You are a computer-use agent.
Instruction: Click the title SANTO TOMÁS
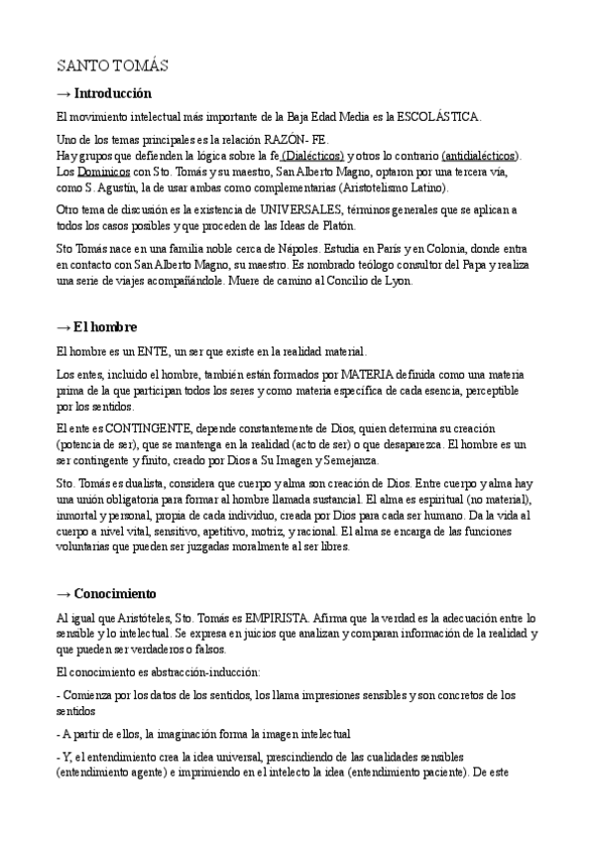112,66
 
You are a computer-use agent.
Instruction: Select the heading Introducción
112,93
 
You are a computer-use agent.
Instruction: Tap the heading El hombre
105,326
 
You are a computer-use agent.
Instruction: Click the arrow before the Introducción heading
63,93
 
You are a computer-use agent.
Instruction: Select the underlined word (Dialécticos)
312,156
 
